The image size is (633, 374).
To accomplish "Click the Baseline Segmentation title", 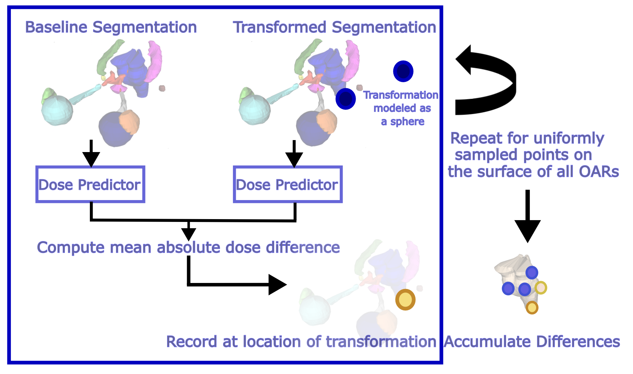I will pos(111,27).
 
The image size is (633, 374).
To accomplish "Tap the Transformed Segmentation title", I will pos(334,27).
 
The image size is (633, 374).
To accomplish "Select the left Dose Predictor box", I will pos(90,184).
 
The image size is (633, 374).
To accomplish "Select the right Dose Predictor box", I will pos(288,184).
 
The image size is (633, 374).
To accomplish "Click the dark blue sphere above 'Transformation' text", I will pos(403,71).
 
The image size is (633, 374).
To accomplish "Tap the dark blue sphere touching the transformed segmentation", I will pos(345,99).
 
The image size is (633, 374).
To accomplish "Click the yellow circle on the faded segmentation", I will pos(405,300).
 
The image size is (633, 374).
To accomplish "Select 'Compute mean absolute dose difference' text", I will pos(188,247).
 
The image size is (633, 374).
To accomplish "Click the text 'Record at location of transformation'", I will pos(301,342).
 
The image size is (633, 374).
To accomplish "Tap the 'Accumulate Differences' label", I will pos(532,342).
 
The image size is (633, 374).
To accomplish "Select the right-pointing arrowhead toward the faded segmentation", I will pos(277,284).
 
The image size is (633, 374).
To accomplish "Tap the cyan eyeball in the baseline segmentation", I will pos(57,110).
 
